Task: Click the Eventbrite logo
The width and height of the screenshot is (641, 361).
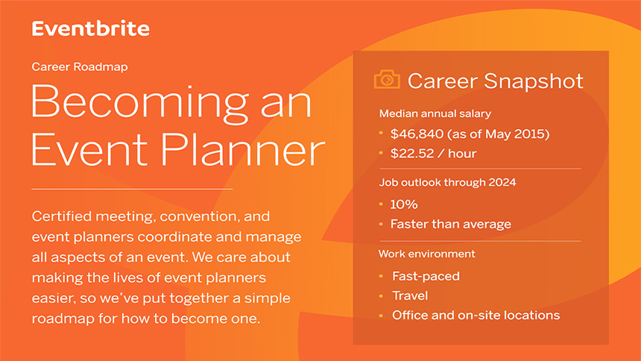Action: coord(91,28)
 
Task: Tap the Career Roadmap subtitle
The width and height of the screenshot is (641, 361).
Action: coord(80,66)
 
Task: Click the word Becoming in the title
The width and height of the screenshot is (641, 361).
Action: coord(139,103)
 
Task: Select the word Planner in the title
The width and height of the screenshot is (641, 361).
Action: coord(243,149)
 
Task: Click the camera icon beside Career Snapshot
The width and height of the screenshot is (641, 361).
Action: coord(387,79)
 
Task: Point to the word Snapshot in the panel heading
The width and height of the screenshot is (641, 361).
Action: coord(534,81)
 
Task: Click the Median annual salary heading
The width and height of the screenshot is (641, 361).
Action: coord(435,113)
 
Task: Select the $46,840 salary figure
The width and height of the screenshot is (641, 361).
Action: coord(417,134)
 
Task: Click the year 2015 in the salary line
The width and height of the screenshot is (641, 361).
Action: coord(530,134)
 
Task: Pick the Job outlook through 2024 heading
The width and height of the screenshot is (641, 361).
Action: coord(448,182)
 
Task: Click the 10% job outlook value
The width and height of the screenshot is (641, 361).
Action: coord(404,204)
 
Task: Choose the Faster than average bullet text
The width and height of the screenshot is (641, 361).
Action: coord(450,224)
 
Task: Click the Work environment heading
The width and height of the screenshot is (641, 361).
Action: coord(427,254)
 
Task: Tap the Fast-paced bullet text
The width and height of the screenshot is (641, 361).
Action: coord(426,276)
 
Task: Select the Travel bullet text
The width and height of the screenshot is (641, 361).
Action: coord(410,295)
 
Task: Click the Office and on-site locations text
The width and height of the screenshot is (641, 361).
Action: coord(476,316)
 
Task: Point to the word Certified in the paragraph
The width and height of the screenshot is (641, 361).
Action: coord(62,216)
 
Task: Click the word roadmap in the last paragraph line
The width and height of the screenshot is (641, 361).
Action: coord(63,318)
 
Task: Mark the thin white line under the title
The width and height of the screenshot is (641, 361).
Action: coord(132,189)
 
